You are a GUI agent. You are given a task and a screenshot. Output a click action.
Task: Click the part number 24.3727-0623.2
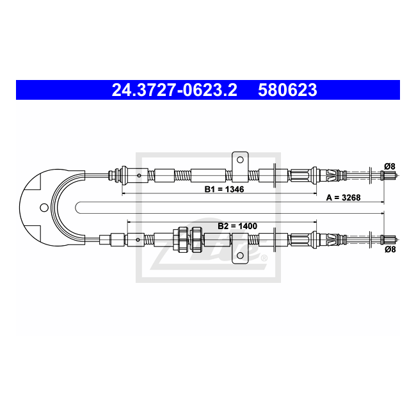click(x=174, y=90)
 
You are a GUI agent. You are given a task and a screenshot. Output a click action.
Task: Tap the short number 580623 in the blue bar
click(x=287, y=90)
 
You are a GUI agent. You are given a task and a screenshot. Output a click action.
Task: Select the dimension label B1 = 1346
click(x=224, y=189)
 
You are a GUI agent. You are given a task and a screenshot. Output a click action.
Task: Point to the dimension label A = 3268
click(x=343, y=198)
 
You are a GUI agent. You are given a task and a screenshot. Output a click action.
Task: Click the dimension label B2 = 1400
click(x=237, y=226)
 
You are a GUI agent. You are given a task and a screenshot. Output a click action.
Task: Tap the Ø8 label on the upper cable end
click(x=390, y=166)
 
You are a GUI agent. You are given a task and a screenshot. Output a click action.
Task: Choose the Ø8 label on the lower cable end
click(x=390, y=250)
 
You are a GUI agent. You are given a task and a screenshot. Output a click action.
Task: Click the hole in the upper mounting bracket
click(x=240, y=160)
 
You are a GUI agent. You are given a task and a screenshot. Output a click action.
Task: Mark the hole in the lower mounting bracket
click(x=240, y=255)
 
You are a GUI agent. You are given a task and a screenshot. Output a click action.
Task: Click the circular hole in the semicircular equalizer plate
click(x=44, y=207)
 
